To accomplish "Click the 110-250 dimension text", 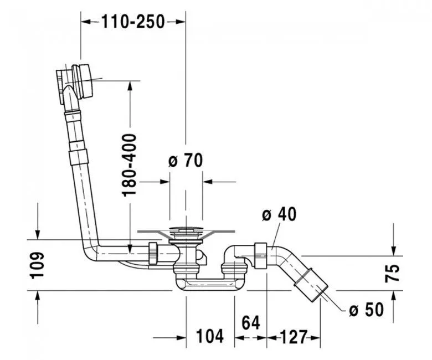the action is click(x=133, y=22).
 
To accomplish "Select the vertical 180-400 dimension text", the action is click(x=129, y=165).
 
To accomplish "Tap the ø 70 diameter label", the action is click(x=186, y=160).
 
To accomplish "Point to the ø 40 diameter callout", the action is click(x=279, y=214).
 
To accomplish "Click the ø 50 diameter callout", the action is click(x=366, y=309).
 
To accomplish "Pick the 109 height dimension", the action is click(x=37, y=265).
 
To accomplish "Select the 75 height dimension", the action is click(x=392, y=273).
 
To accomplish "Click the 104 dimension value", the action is click(x=210, y=336).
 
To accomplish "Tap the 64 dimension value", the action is click(x=251, y=322).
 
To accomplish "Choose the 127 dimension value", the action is click(x=294, y=337).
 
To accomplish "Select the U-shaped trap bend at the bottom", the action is click(x=209, y=283).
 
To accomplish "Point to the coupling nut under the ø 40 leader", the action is click(x=260, y=256).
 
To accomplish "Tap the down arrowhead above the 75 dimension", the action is click(x=394, y=250).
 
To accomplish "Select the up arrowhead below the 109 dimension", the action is click(x=38, y=296).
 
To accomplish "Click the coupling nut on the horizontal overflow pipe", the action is click(x=153, y=254).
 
